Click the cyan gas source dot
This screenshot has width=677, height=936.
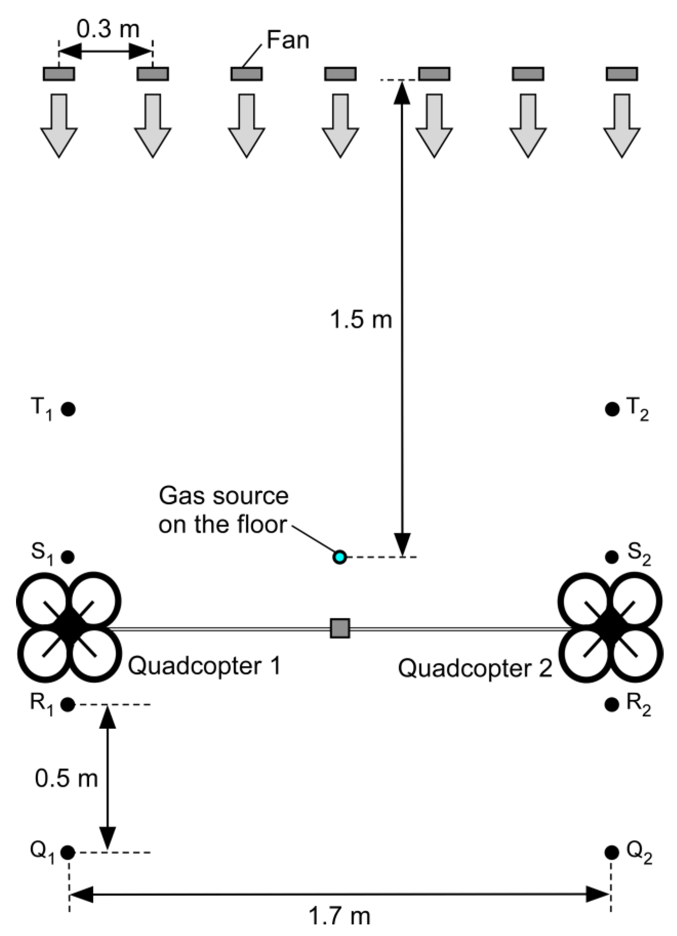(340, 557)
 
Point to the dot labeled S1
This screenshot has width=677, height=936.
(68, 557)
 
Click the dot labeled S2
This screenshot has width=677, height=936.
(612, 557)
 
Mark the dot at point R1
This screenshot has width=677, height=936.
(68, 704)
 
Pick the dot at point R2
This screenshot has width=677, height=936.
(612, 704)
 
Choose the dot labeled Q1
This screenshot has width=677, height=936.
(68, 852)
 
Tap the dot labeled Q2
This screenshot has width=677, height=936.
(612, 852)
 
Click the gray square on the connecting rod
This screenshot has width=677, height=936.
(340, 628)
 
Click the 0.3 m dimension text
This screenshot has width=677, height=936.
(108, 30)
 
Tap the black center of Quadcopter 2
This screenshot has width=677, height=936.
(610, 628)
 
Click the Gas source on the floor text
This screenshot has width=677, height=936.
(224, 510)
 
